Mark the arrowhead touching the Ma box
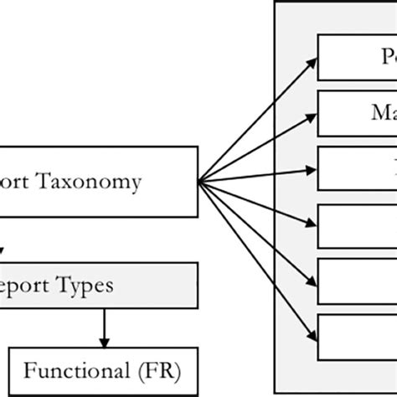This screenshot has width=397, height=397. (312, 113)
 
